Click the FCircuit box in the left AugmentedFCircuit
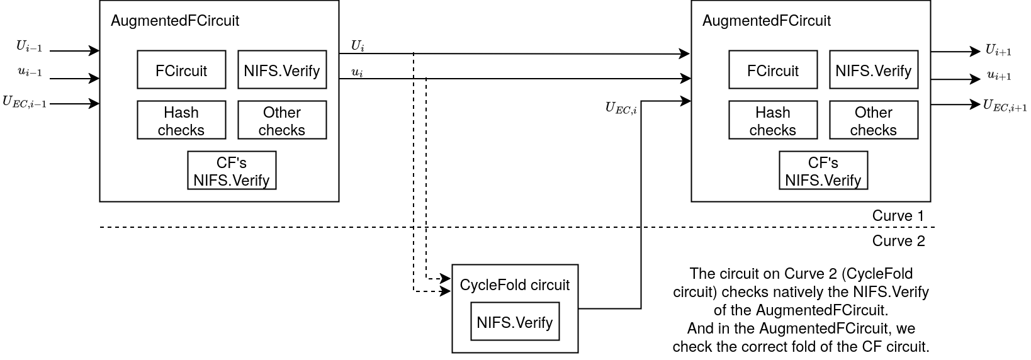(181, 70)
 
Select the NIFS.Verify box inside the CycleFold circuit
(515, 322)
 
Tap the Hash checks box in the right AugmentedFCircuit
(773, 120)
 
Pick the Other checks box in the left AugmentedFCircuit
(282, 120)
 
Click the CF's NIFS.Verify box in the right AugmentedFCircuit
(823, 171)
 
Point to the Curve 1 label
(898, 216)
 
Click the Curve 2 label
(898, 241)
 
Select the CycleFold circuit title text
(514, 285)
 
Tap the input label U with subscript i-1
(29, 47)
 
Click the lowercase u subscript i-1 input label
(30, 72)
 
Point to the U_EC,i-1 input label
(25, 102)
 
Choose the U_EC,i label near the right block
(621, 108)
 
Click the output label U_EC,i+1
(1005, 106)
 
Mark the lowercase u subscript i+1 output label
(999, 76)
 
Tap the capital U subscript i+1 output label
(998, 50)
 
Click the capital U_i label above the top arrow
(358, 46)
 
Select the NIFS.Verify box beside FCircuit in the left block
(282, 70)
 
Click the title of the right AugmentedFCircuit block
(766, 21)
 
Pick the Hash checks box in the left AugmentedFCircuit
(181, 120)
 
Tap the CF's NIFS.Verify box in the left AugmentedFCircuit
(232, 171)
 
